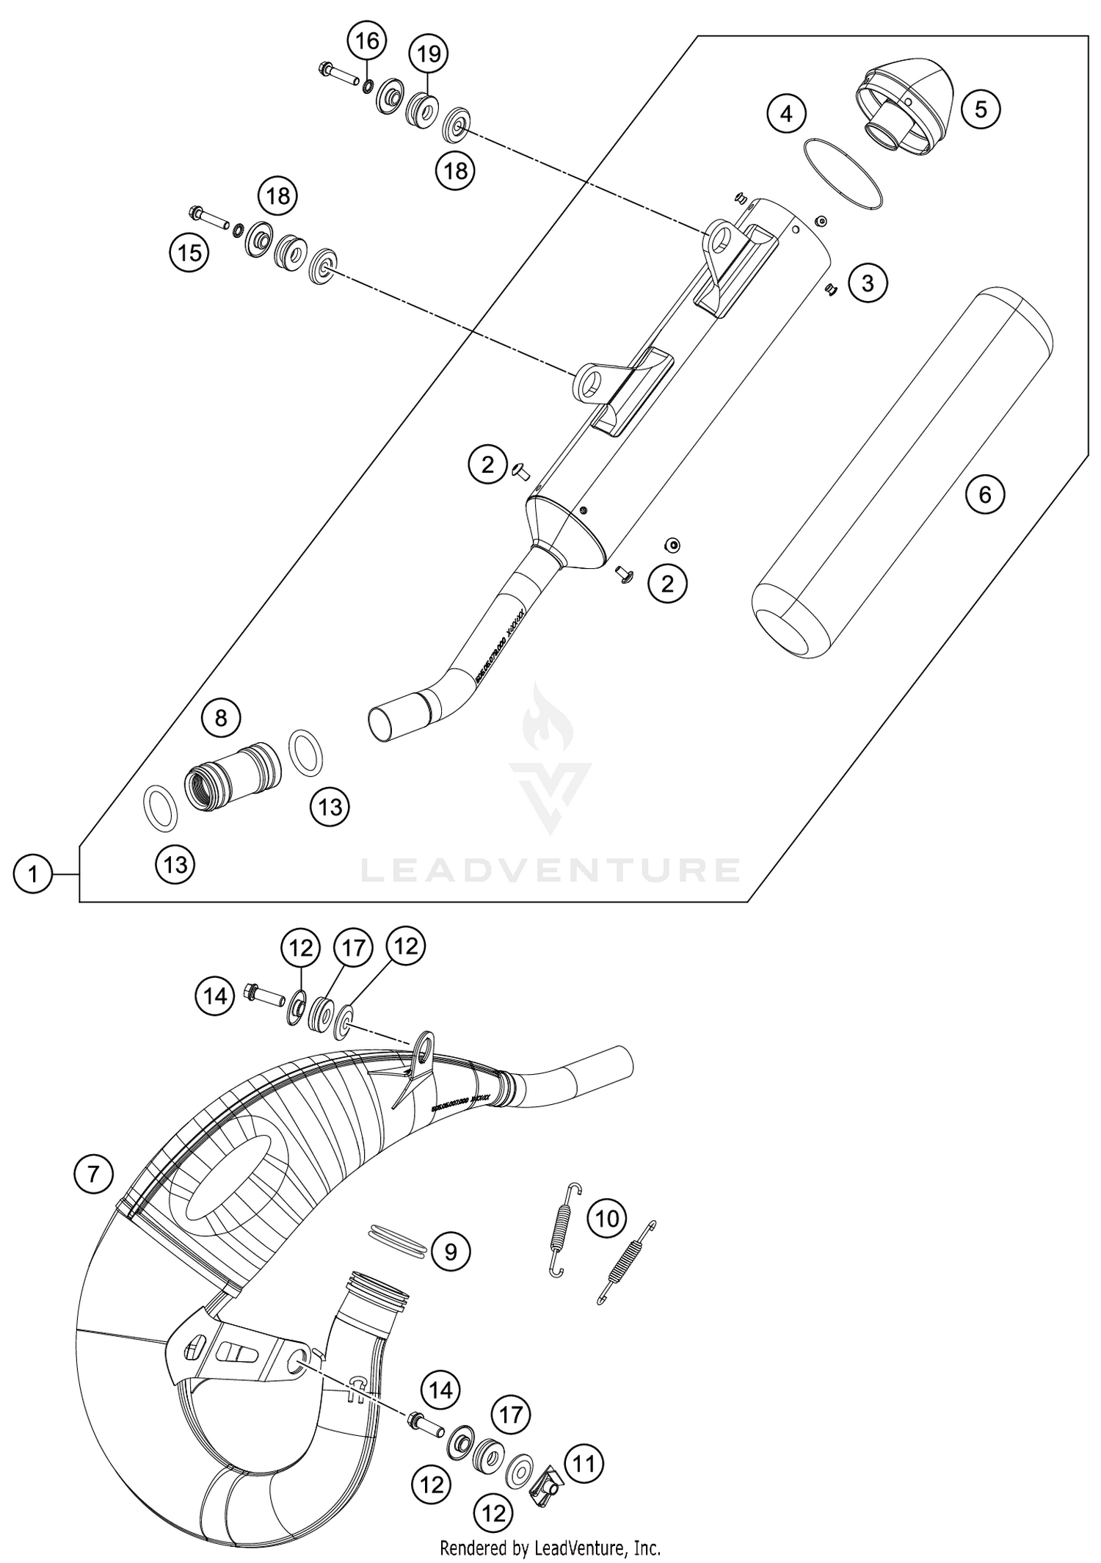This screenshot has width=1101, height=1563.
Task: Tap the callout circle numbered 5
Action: point(981,109)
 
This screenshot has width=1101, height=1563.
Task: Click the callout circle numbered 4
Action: point(786,114)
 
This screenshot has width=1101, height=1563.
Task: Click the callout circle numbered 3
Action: point(868,283)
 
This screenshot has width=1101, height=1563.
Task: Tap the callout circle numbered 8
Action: point(221,717)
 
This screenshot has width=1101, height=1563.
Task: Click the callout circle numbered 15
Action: point(189,253)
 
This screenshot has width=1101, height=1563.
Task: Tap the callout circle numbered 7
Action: point(93,1174)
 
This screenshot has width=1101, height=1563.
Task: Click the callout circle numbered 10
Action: point(607,1219)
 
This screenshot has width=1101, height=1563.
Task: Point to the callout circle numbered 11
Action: point(584,1465)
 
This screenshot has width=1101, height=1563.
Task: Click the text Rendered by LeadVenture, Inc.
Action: point(550,1548)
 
